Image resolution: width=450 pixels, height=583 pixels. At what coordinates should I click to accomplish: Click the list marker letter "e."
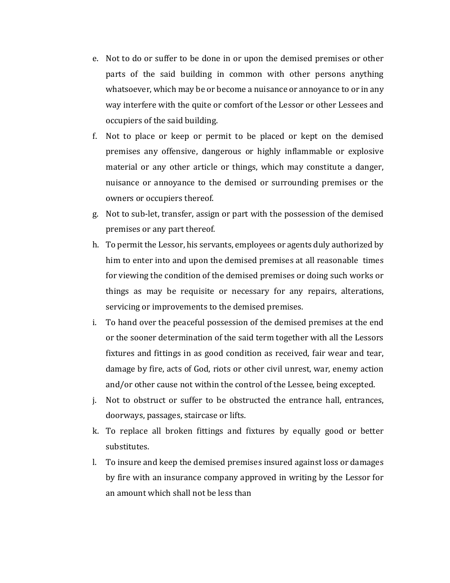[95, 59]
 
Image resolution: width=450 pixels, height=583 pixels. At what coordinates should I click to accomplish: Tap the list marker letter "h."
[96, 245]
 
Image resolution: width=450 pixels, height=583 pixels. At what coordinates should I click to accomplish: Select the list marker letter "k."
[96, 431]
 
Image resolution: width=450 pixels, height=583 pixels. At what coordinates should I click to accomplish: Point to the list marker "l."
[95, 462]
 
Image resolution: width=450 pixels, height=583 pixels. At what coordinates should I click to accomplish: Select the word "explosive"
[366, 152]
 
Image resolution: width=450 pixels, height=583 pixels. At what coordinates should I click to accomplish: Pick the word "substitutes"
[127, 447]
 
